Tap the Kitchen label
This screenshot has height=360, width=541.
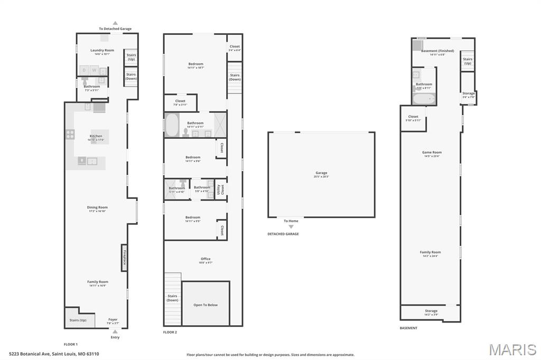click(x=96, y=136)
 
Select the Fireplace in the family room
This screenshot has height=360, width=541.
click(x=125, y=257)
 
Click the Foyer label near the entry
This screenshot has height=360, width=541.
click(x=113, y=319)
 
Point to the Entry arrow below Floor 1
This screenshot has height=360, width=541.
click(x=115, y=331)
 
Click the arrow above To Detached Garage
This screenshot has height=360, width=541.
click(x=115, y=23)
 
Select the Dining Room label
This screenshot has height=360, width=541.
click(x=97, y=207)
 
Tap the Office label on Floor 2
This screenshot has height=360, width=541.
click(x=206, y=259)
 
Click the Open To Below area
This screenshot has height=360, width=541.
click(x=206, y=305)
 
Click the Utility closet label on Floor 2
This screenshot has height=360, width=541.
click(x=218, y=190)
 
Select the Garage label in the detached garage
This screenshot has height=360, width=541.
click(x=321, y=173)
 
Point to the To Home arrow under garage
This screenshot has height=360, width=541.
click(x=291, y=226)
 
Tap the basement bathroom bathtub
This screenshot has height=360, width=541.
click(x=424, y=99)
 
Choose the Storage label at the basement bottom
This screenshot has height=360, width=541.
click(x=431, y=311)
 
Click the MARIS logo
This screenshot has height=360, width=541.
click(x=512, y=349)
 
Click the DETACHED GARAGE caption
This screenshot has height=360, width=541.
click(x=284, y=234)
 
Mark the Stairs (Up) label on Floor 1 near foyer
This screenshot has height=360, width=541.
click(x=78, y=320)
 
